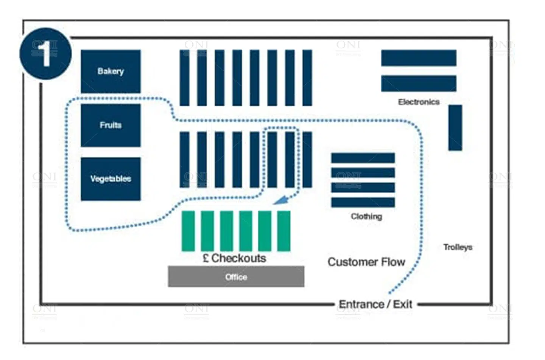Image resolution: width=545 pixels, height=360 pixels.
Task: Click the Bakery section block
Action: pos(111,71)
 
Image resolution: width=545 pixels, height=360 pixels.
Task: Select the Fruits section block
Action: pos(111,125)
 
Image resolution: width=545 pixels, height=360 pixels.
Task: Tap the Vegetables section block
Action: pos(111,179)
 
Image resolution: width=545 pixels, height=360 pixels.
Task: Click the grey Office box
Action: pos(236,277)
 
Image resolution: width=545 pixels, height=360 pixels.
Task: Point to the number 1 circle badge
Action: pos(45,53)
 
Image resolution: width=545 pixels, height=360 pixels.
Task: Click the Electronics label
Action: pos(419,102)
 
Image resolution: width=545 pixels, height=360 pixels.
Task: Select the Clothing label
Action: pos(366,216)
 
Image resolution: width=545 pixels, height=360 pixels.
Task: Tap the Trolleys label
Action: pos(458,247)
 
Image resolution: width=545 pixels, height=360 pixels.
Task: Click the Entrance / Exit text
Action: pos(375,304)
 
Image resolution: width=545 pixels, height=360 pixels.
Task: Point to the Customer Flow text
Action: pos(366,262)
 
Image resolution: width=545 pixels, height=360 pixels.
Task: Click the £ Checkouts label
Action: pos(234,258)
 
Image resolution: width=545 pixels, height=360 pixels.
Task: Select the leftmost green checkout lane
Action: pos(188,231)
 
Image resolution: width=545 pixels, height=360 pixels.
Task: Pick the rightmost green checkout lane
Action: pos(284,231)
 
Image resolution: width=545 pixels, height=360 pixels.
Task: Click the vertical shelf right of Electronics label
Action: pos(455,128)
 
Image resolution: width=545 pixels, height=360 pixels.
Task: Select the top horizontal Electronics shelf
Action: pos(419,58)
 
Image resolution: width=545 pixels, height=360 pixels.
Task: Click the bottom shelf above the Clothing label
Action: pos(363,202)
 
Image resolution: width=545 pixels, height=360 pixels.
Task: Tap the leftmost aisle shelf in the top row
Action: pos(184,78)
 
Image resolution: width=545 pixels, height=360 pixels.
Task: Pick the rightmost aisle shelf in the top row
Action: pos(307,78)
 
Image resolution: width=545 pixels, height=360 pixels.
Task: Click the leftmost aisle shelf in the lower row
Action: pos(184,160)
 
